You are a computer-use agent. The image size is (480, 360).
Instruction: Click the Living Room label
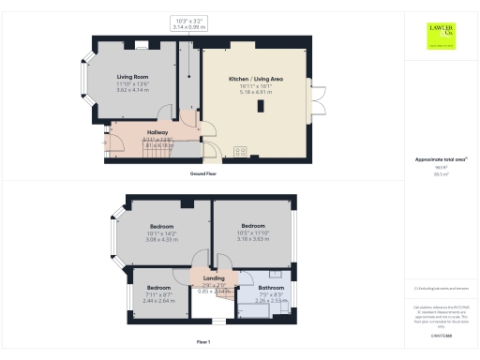133,76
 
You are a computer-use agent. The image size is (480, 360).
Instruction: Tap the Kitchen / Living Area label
255,80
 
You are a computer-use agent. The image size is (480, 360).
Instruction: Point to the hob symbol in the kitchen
239,150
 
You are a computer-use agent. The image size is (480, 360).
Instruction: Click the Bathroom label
271,288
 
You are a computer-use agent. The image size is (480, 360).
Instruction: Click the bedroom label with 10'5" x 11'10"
254,227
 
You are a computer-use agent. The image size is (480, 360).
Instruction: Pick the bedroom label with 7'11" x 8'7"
158,287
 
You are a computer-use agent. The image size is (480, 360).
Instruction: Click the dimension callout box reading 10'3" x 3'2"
188,22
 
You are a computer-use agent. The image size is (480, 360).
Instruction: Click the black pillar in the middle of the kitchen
262,107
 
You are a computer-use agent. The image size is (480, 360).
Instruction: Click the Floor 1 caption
203,342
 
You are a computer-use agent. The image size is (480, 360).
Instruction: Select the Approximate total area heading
439,159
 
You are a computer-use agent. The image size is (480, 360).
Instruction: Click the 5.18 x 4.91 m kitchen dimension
255,92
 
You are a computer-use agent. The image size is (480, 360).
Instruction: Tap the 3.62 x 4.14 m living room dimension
133,88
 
